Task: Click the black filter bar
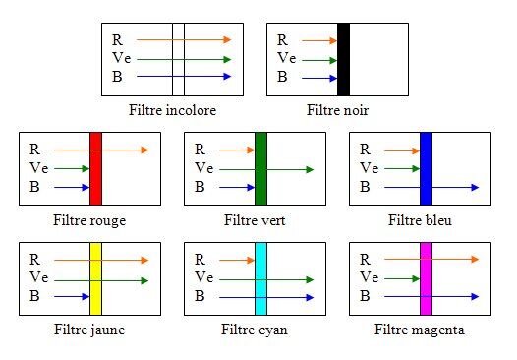click(343, 59)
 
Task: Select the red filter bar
click(95, 167)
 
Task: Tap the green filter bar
click(260, 167)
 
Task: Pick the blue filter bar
click(426, 167)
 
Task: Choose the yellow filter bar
click(95, 278)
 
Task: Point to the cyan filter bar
click(260, 278)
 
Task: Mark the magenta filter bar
click(426, 278)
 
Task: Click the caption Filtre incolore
click(172, 110)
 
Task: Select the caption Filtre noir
click(337, 110)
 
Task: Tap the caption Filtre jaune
click(89, 330)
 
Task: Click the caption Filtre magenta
click(420, 330)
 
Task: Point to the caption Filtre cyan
click(256, 330)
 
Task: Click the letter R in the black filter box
click(283, 40)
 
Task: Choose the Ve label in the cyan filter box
click(203, 278)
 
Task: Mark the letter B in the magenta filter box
click(365, 296)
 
